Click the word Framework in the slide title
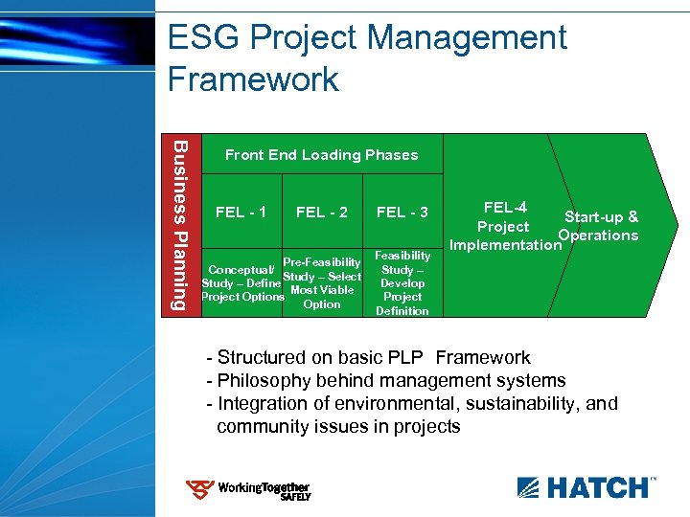(x=253, y=79)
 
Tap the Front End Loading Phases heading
(x=321, y=155)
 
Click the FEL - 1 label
(x=241, y=212)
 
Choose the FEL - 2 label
(x=322, y=212)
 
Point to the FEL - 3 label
(x=402, y=212)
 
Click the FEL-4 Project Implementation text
(x=504, y=226)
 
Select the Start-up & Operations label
(x=600, y=226)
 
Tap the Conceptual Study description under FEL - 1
(x=242, y=282)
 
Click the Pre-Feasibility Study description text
(x=322, y=283)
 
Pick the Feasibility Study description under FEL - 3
(x=402, y=283)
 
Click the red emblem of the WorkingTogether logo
(x=199, y=491)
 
